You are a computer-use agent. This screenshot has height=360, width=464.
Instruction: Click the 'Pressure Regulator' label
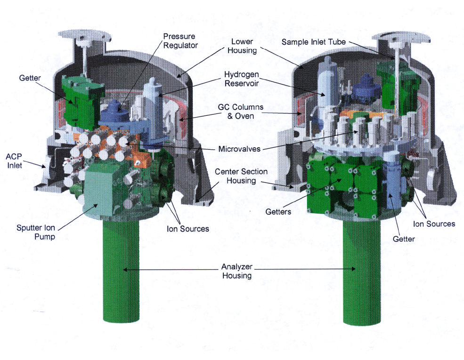click(x=180, y=41)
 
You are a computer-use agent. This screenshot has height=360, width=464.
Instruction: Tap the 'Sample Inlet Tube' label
click(x=313, y=42)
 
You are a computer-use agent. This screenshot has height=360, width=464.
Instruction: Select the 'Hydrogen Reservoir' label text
click(x=242, y=79)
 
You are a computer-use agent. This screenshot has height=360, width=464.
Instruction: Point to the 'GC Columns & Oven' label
click(x=241, y=112)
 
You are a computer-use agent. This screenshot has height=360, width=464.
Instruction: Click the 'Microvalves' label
click(x=239, y=149)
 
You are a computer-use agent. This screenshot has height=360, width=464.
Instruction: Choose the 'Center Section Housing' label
click(x=241, y=176)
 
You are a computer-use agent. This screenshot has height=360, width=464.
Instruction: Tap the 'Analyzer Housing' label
click(x=237, y=271)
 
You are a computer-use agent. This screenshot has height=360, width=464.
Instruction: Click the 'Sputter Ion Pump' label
click(x=36, y=232)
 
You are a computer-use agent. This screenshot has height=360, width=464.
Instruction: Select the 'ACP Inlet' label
click(x=14, y=160)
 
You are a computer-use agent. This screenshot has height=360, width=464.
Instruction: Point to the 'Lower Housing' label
click(x=242, y=46)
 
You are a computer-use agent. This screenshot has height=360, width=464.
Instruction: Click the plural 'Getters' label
click(x=278, y=212)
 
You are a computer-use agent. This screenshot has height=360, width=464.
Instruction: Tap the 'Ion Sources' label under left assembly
click(x=188, y=229)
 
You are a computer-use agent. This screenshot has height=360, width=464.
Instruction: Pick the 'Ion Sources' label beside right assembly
click(x=434, y=224)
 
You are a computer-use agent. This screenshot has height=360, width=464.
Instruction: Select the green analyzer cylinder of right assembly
click(x=362, y=272)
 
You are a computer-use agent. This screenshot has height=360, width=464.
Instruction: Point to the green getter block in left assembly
click(x=83, y=102)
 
